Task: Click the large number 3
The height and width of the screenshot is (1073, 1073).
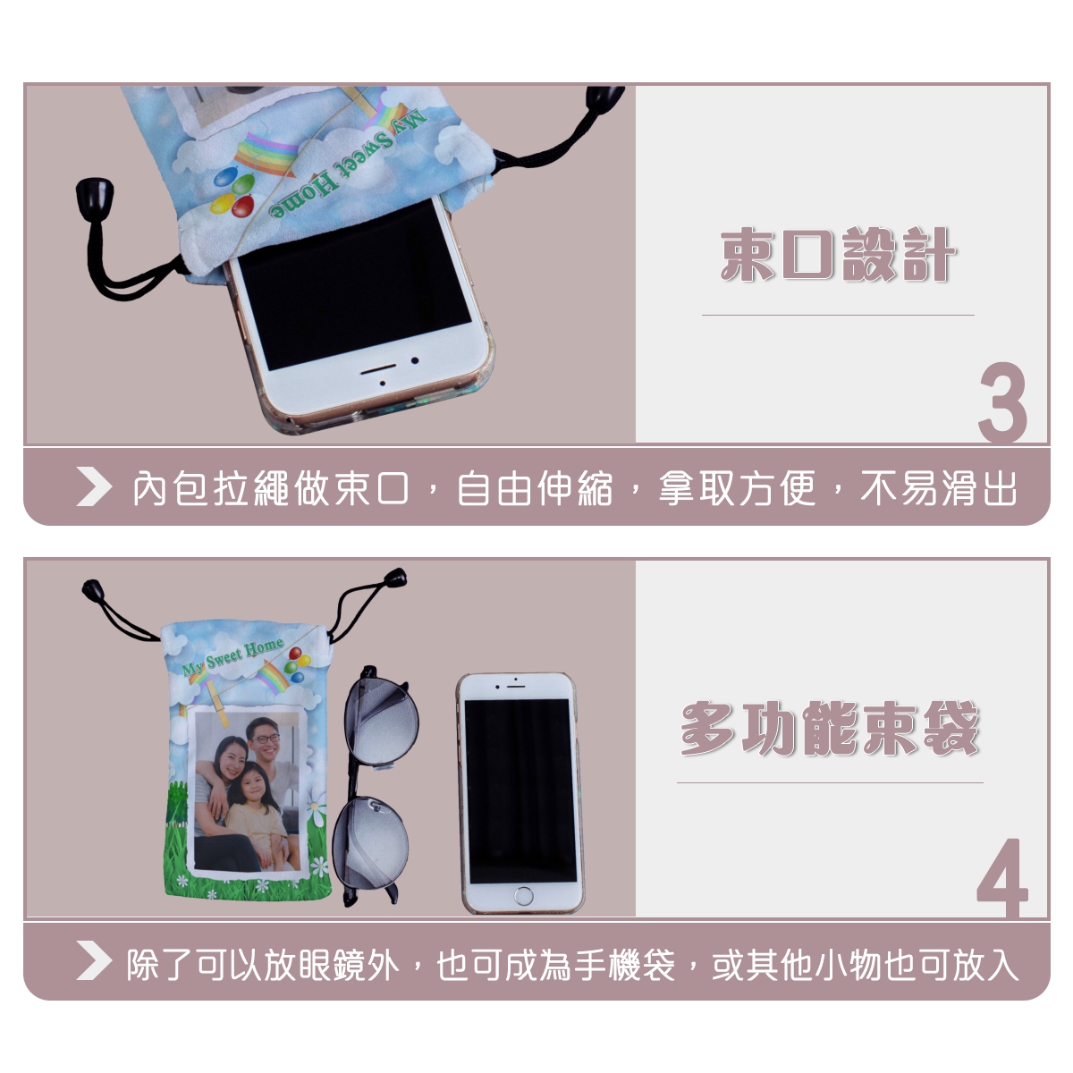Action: pos(1001,402)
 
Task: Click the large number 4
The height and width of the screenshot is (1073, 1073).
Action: pos(1001,877)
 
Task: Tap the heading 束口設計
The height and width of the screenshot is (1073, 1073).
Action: pos(838,255)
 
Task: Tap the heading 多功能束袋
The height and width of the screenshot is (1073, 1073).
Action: pos(829,728)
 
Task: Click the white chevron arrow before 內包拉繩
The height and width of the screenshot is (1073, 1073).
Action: pos(94,486)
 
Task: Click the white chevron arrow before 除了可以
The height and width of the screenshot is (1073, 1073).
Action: pos(94,960)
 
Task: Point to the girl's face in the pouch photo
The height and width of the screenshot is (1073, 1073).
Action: pos(255,782)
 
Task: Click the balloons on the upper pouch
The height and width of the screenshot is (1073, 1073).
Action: pos(232,195)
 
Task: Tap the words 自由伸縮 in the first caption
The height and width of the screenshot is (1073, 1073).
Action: pos(535,489)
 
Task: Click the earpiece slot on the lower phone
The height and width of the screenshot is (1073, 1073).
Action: pos(516,686)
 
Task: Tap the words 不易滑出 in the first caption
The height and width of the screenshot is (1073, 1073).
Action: pos(939,489)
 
